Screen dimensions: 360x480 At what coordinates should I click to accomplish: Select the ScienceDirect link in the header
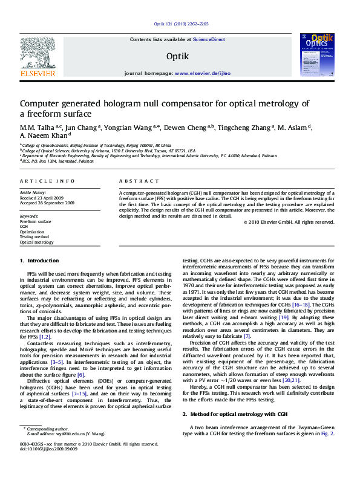(x=209, y=39)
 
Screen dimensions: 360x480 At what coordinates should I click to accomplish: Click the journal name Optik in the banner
(x=177, y=56)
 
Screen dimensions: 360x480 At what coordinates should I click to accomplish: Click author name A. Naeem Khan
(x=39, y=136)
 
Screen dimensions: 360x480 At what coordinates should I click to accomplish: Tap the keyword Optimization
(x=33, y=232)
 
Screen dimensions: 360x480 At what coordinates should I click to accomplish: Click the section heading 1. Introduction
(x=39, y=261)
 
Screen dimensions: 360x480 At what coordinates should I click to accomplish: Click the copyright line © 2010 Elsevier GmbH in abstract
(x=288, y=222)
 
